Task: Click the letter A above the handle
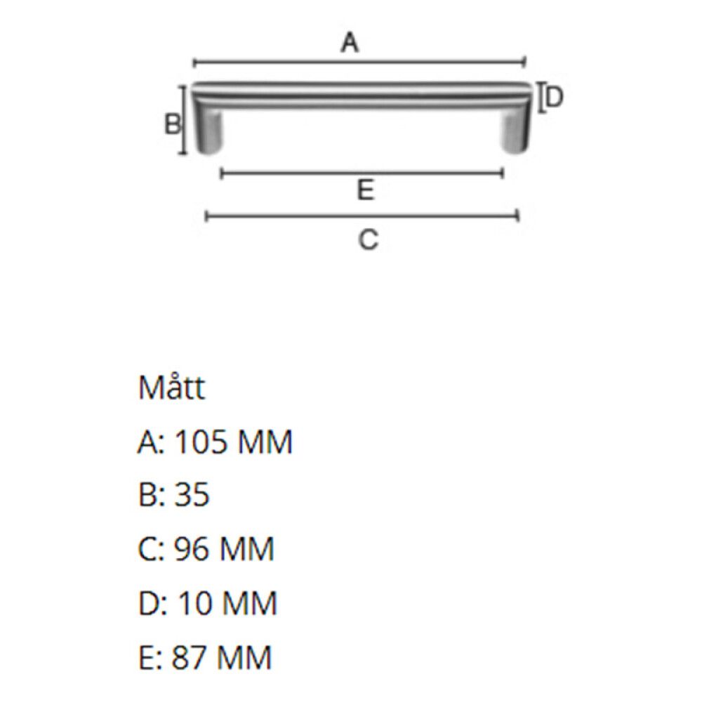(350, 44)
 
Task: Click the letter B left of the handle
(172, 125)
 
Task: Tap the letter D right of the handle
(555, 98)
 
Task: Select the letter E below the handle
(364, 190)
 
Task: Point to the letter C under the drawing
(368, 240)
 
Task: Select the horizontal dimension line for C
(362, 216)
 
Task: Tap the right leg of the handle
(516, 130)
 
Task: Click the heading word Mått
(171, 388)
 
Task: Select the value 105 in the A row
(201, 442)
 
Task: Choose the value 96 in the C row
(191, 549)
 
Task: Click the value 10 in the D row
(193, 603)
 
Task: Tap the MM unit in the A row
(265, 442)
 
